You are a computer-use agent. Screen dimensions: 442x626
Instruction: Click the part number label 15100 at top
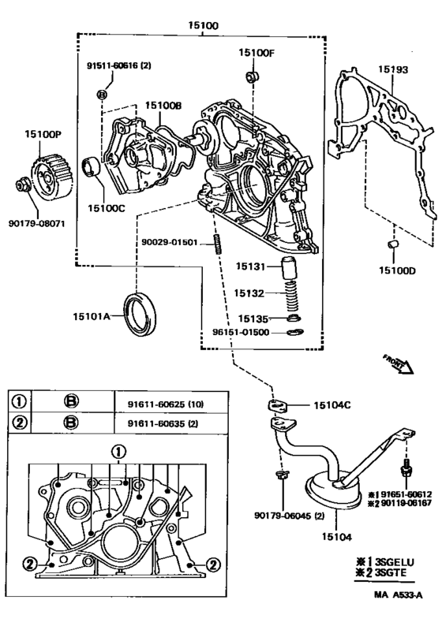204,25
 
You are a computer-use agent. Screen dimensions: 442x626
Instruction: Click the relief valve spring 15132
292,296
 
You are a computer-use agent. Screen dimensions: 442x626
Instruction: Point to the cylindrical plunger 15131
290,269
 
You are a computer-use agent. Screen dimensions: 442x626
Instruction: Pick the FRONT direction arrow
399,364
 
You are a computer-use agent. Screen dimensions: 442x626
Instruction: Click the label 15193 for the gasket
393,69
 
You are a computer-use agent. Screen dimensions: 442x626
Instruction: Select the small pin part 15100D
394,244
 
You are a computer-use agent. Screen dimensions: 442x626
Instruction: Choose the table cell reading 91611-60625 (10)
166,404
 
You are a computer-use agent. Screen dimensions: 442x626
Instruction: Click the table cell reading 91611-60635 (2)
163,423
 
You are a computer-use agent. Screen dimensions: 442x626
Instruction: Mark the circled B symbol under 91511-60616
103,95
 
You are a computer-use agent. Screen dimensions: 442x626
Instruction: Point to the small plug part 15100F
252,76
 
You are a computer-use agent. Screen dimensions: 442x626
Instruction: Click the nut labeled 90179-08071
22,185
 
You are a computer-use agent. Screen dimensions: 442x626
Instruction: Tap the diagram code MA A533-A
398,595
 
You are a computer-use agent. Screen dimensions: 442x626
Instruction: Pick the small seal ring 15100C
92,166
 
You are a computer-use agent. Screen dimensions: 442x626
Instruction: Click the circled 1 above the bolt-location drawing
118,453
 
